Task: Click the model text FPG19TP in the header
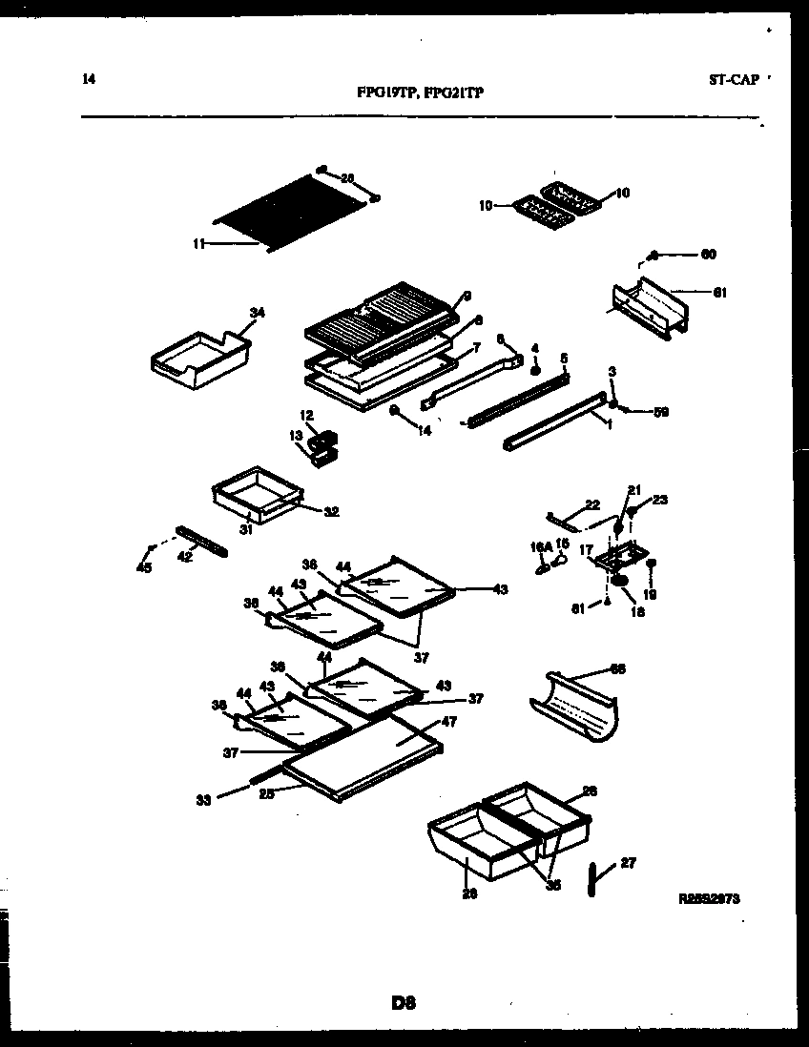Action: click(x=385, y=93)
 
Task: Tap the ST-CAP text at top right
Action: click(x=734, y=80)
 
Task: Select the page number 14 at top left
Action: click(x=89, y=80)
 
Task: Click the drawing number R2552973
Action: click(x=710, y=898)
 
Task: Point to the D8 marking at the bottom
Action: click(x=404, y=1002)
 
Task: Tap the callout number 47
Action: click(x=449, y=722)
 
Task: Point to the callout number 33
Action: click(x=202, y=801)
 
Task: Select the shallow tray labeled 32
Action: click(x=256, y=488)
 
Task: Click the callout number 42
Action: click(x=185, y=556)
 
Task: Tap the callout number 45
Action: click(x=144, y=569)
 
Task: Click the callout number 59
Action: click(x=660, y=412)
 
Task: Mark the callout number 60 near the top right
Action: click(x=708, y=255)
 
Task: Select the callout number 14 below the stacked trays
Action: click(x=424, y=430)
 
